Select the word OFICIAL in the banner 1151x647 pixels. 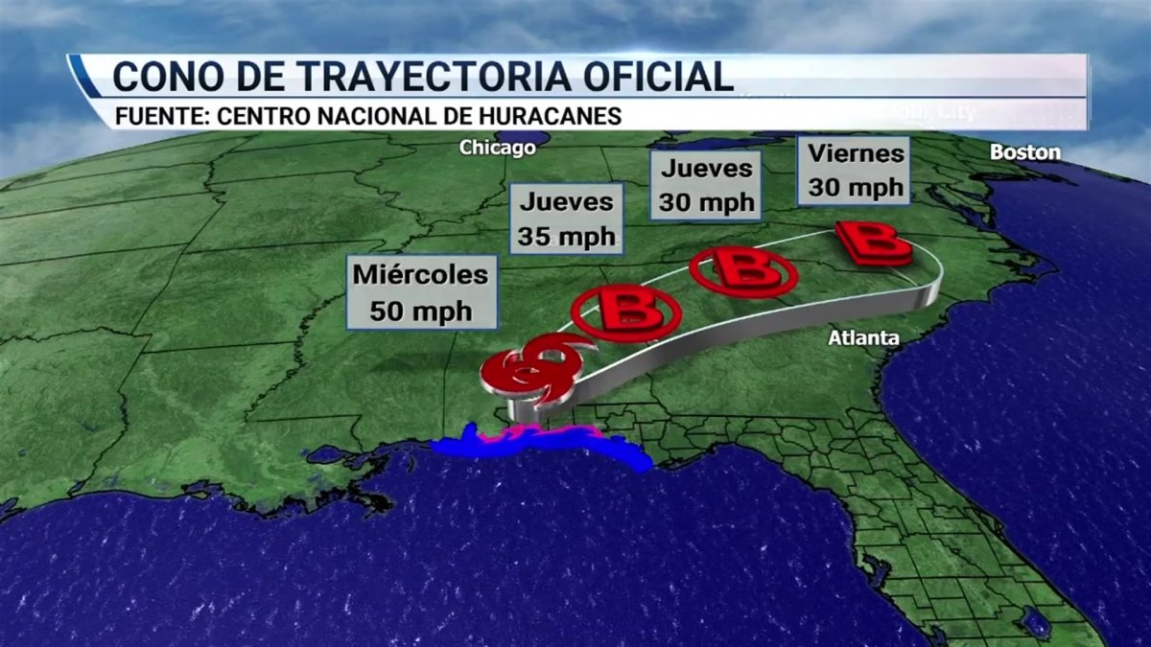652,76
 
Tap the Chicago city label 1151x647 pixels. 497,148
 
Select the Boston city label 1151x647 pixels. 1024,152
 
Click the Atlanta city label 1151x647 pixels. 865,338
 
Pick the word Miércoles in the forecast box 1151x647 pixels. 420,275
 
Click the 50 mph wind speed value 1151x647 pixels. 420,310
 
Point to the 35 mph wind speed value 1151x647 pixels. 566,236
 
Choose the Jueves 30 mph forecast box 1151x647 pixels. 706,186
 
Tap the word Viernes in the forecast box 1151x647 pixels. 856,152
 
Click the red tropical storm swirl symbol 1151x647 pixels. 529,369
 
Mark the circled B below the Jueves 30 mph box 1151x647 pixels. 743,270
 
